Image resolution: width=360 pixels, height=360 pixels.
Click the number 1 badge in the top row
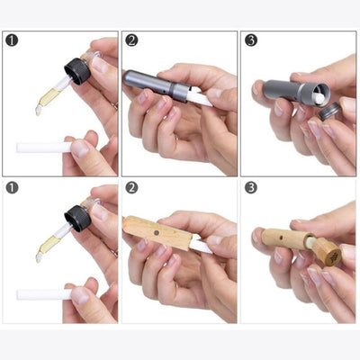[12, 40]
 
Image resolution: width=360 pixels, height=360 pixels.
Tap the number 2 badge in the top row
[131, 40]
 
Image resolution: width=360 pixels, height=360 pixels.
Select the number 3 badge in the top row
[250, 40]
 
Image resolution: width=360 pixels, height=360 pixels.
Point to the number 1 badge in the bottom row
[12, 188]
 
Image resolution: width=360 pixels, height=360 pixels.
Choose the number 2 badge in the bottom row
[131, 188]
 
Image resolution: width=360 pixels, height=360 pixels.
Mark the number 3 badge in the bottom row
[250, 188]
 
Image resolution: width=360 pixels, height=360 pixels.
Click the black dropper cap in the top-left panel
[78, 69]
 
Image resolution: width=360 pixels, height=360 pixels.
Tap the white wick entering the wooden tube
[200, 245]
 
